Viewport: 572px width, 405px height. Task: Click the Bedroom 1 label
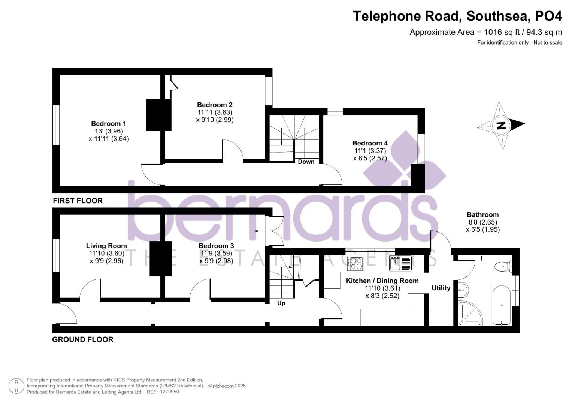click(109, 124)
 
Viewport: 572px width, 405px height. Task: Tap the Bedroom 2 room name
click(215, 105)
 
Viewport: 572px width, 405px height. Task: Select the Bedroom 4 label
click(370, 143)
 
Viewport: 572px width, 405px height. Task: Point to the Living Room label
click(106, 246)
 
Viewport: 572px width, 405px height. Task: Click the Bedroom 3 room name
click(216, 246)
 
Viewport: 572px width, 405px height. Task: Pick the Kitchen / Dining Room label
click(382, 281)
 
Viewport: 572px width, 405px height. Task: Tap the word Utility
click(441, 288)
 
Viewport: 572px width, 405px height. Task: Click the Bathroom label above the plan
click(482, 215)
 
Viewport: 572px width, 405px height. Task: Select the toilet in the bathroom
click(502, 267)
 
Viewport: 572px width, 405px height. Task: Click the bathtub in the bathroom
click(501, 304)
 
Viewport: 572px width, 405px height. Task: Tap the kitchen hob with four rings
click(355, 263)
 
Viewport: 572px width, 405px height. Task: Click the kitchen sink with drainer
click(400, 263)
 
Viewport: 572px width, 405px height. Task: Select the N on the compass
click(500, 126)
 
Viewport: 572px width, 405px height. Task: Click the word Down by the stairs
click(306, 162)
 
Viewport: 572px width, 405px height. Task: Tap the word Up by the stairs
click(281, 303)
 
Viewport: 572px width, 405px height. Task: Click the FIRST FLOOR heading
click(78, 201)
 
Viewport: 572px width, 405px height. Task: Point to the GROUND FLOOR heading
click(82, 340)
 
